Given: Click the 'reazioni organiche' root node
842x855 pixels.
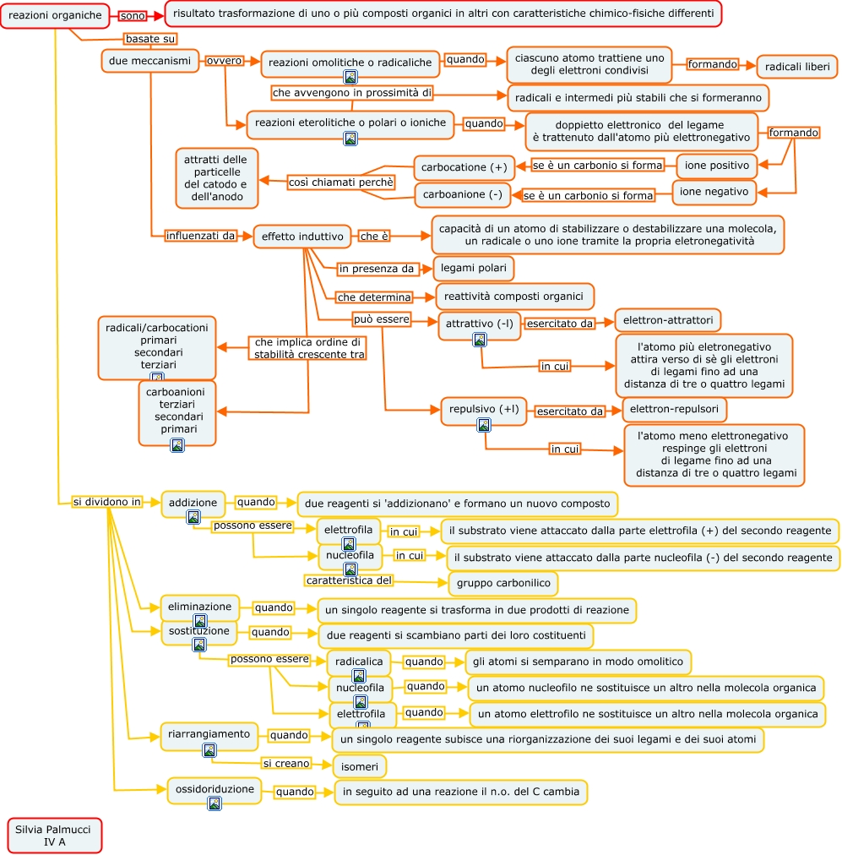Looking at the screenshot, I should point(56,15).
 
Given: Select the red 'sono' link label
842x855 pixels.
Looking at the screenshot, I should point(132,16).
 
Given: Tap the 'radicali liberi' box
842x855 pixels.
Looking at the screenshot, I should point(796,67).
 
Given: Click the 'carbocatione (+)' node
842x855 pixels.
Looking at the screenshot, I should point(464,167).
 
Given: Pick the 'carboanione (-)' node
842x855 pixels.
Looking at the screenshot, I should point(462,195).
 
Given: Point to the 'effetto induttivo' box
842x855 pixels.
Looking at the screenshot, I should point(302,237).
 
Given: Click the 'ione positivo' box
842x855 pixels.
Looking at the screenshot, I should point(716,166).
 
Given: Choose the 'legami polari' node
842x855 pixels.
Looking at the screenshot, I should point(474,269).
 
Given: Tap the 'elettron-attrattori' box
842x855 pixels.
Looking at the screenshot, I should point(667,321).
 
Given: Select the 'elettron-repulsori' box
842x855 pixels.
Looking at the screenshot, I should point(674,410).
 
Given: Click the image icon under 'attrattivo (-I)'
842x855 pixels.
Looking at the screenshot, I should point(480,340).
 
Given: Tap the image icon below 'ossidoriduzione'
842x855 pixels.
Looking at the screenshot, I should point(215,803).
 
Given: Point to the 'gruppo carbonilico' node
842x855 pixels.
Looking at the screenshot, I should point(502,583).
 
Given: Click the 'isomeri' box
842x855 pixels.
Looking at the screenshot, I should point(360,766).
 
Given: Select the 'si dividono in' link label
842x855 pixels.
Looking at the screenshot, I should point(106,502).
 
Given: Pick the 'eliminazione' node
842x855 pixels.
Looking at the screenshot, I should point(199,607).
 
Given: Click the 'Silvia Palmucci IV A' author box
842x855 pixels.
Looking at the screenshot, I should point(54,835).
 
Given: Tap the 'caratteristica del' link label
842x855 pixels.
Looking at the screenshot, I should point(349,580).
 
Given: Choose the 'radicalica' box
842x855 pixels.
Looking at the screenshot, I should point(359,662).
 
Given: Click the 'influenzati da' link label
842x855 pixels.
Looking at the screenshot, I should point(201,236).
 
